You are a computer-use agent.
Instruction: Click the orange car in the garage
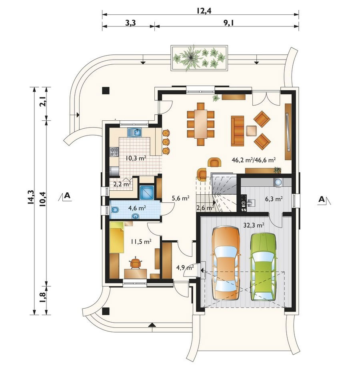coord(226,263)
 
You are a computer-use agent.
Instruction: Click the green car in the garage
coord(263,267)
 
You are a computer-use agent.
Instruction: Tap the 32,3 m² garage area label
coord(254,225)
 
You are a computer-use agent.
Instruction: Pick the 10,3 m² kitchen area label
coord(136,158)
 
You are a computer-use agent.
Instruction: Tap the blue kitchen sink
coord(135,132)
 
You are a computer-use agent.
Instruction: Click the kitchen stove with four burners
coord(114,152)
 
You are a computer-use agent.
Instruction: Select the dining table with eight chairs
coord(201,124)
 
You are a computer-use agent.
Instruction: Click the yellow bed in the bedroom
coord(117,237)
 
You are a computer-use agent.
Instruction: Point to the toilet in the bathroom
coord(115,210)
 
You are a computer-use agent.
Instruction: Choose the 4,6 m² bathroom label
coord(137,208)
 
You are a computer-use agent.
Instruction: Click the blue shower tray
coord(147,192)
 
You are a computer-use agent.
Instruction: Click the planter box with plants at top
coord(199,58)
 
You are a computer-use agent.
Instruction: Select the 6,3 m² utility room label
coord(274,199)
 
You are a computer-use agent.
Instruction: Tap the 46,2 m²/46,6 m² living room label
coord(254,160)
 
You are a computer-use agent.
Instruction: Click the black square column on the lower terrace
coord(106,311)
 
